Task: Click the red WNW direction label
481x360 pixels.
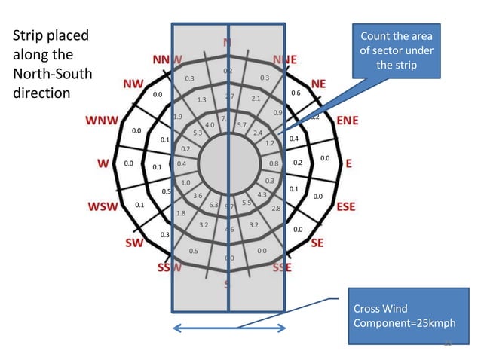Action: tap(101, 121)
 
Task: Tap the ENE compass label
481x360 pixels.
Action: tap(347, 121)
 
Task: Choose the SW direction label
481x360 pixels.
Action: tap(133, 243)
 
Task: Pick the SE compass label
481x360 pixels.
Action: tap(317, 243)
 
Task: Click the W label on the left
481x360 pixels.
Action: tap(100, 163)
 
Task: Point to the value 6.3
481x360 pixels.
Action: tap(213, 204)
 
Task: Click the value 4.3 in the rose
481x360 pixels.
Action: tap(262, 195)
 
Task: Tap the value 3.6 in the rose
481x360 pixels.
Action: tap(197, 196)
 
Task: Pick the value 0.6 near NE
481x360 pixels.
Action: tap(296, 93)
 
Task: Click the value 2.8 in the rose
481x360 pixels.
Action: tap(276, 208)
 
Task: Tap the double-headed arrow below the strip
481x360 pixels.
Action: tap(229, 328)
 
